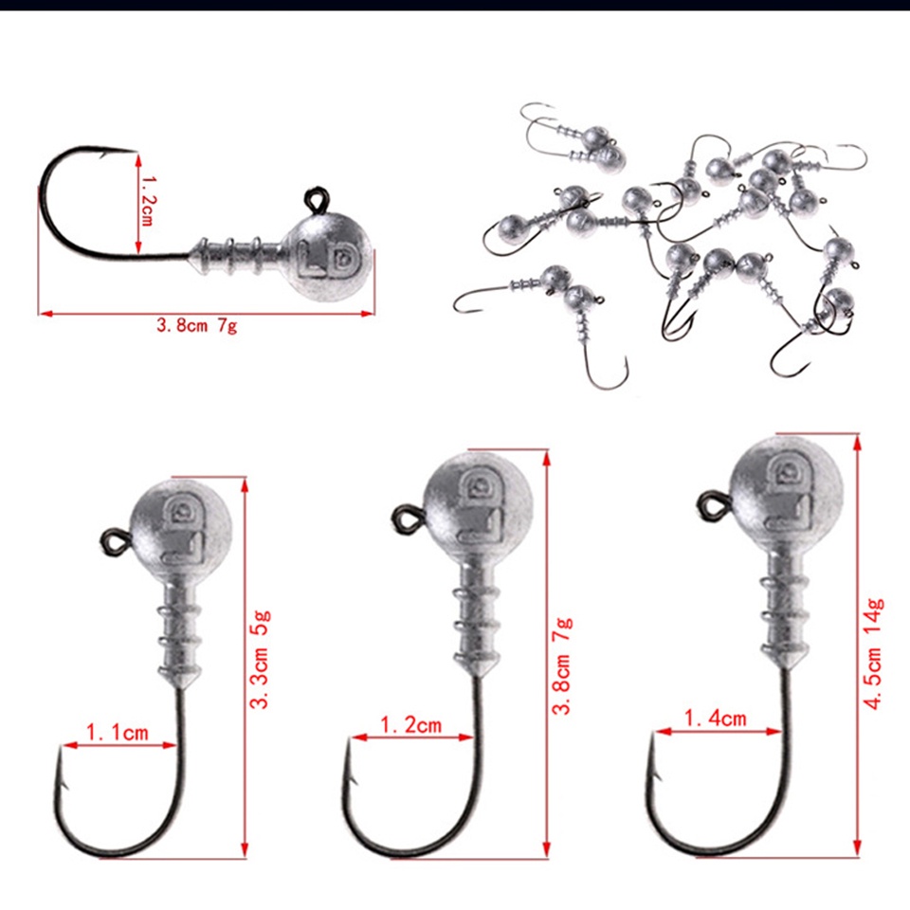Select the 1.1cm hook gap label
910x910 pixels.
pyautogui.click(x=118, y=733)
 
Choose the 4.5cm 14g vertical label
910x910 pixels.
pyautogui.click(x=874, y=652)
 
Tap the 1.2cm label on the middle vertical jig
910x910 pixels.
pyautogui.click(x=411, y=725)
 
